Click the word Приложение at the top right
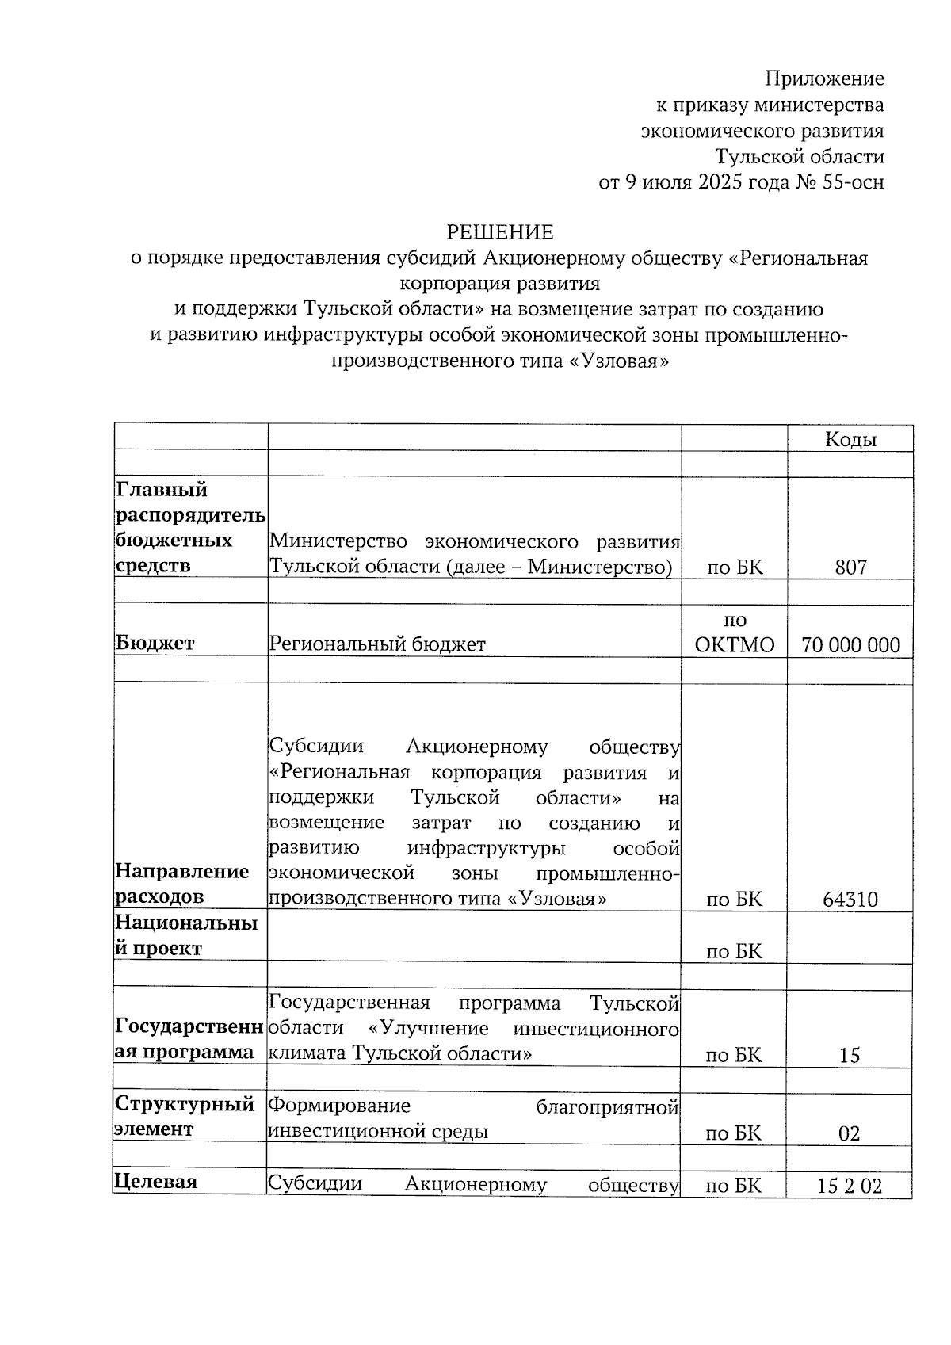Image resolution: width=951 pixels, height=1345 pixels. [x=823, y=78]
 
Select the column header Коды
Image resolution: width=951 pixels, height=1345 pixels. [x=850, y=440]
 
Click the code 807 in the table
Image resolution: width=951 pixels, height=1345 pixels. [x=850, y=567]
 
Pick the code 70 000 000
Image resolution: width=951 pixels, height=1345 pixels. [x=850, y=645]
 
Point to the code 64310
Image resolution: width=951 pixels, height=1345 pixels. [x=850, y=900]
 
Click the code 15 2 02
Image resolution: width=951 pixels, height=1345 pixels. [x=850, y=1186]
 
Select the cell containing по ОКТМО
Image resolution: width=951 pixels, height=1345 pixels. [x=734, y=632]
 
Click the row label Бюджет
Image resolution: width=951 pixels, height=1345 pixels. [x=155, y=644]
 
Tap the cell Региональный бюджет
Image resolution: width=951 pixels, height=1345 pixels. [x=377, y=644]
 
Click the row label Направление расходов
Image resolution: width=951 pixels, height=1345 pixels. [x=182, y=884]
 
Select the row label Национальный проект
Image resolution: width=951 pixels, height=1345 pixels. [x=186, y=935]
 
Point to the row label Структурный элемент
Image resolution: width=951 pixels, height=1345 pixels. [x=185, y=1116]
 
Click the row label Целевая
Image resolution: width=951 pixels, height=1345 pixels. [x=155, y=1182]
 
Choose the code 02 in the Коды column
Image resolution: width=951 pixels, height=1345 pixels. [x=850, y=1133]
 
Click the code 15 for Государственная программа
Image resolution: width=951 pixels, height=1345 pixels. [x=850, y=1056]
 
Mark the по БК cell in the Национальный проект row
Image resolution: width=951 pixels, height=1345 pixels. [x=734, y=951]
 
